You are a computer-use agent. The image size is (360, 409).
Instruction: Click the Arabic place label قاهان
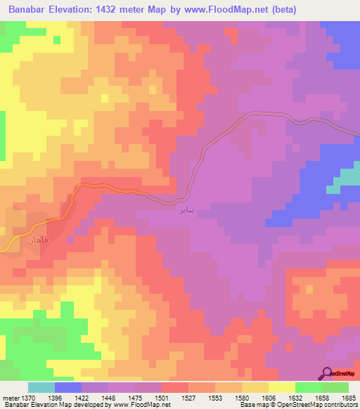(x=36, y=240)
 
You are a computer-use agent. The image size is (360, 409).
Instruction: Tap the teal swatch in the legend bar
(x=41, y=387)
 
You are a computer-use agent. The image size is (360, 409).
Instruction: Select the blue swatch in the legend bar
(x=68, y=387)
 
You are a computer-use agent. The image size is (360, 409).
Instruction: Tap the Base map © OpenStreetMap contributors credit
(x=298, y=405)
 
